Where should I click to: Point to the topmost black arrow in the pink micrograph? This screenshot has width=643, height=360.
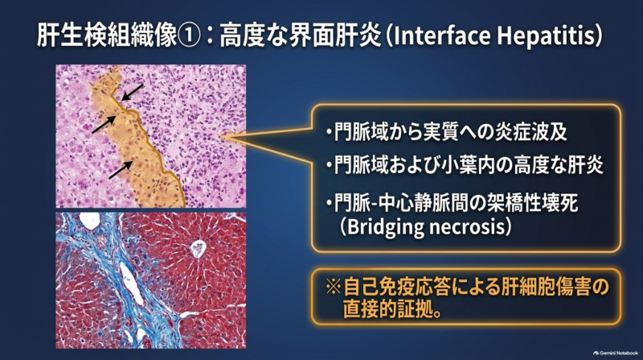pyautogui.click(x=132, y=93)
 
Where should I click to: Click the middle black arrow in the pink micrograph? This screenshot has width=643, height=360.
pyautogui.click(x=104, y=125)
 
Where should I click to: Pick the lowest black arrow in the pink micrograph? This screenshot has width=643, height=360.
pyautogui.click(x=121, y=170)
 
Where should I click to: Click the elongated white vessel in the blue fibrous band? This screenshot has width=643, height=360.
pyautogui.click(x=131, y=283)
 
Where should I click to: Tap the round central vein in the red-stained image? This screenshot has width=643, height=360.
pyautogui.click(x=199, y=249)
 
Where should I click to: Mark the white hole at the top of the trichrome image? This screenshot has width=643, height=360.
pyautogui.click(x=89, y=221)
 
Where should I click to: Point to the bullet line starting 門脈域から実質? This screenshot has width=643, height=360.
pyautogui.click(x=447, y=132)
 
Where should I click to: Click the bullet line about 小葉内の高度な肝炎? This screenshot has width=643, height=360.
pyautogui.click(x=465, y=165)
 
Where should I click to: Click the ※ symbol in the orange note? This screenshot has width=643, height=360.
pyautogui.click(x=334, y=287)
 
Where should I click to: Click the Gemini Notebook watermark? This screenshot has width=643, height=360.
pyautogui.click(x=616, y=353)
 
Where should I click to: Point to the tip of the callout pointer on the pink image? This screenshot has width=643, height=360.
pyautogui.click(x=222, y=137)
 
